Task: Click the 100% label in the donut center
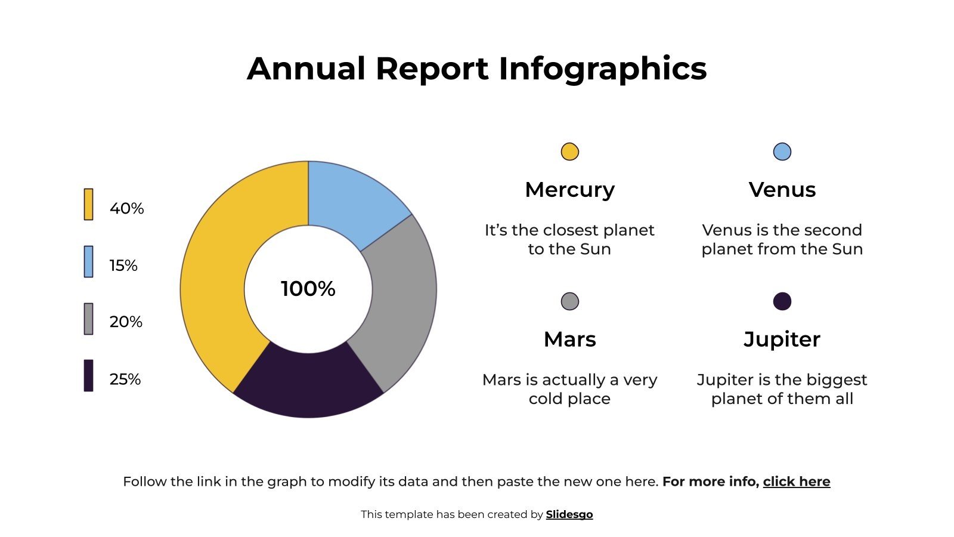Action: pos(308,289)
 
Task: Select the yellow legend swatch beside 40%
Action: pos(88,204)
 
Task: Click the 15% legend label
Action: pos(123,266)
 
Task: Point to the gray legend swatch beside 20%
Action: pos(88,319)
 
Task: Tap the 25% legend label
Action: pos(125,379)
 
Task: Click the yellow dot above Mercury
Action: pos(570,152)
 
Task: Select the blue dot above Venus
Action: pos(782,152)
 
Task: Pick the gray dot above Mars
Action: pos(570,301)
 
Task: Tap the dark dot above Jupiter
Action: pos(782,301)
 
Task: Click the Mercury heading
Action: pos(570,190)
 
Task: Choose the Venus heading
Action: pos(782,190)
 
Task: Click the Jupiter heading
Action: pos(782,340)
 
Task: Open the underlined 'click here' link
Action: pos(797,482)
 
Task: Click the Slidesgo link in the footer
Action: pos(569,514)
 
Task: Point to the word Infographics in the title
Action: pos(602,69)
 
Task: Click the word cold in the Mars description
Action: pos(546,399)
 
